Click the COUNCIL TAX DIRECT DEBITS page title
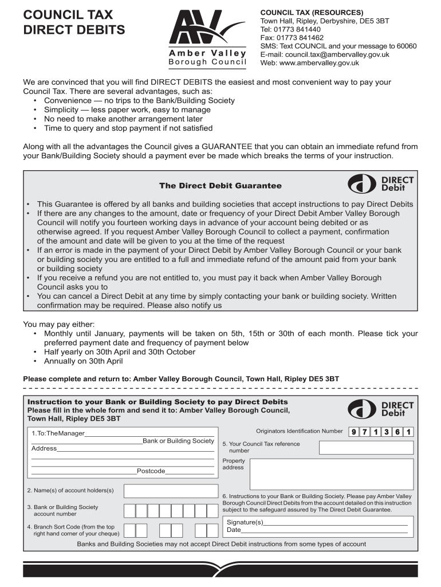pos(74,22)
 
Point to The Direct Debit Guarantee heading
pos(220,186)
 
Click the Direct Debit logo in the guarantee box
pos(380,183)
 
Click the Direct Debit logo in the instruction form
pos(380,409)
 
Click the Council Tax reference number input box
pos(365,448)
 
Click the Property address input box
pos(331,473)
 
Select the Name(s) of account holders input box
pos(170,491)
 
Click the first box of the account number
pos(130,511)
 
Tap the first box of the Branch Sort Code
pos(130,530)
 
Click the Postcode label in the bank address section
pos(151,471)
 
